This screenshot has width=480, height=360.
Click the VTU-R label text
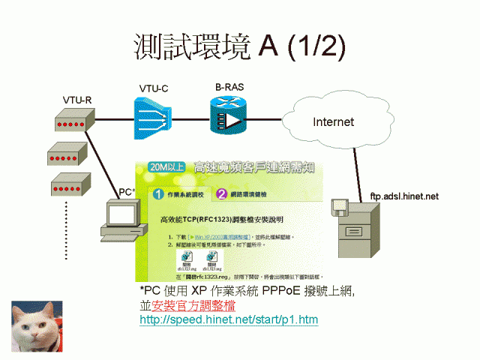pos(76,100)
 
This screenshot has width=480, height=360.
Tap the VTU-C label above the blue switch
pos(153,89)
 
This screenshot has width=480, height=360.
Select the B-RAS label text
pos(229,87)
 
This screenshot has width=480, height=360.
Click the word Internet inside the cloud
pos(333,121)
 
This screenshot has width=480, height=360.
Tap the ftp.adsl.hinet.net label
pos(403,196)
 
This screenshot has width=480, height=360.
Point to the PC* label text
pos(127,192)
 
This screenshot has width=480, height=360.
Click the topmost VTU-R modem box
pos(73,121)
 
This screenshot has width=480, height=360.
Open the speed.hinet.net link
pos(229,320)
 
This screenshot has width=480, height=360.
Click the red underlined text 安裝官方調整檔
pos(193,306)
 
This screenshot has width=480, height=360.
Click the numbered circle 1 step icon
pos(158,194)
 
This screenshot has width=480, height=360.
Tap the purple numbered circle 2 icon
pos(222,194)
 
